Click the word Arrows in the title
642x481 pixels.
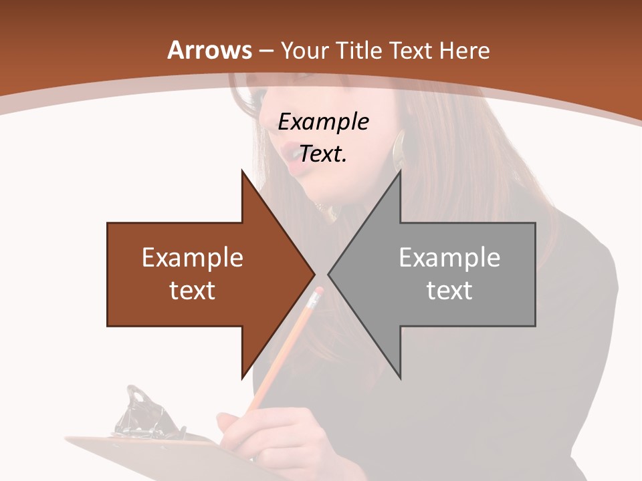[x=210, y=50]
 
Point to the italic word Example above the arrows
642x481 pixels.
[x=323, y=122]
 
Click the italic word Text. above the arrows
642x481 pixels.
[x=323, y=154]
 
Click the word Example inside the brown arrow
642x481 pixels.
[x=193, y=257]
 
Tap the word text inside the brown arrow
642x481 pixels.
[x=193, y=290]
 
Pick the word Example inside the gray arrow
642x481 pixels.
[x=449, y=257]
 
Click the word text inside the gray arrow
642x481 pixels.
[x=449, y=290]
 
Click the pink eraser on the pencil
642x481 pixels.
[x=318, y=292]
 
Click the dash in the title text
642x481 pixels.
[x=265, y=50]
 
